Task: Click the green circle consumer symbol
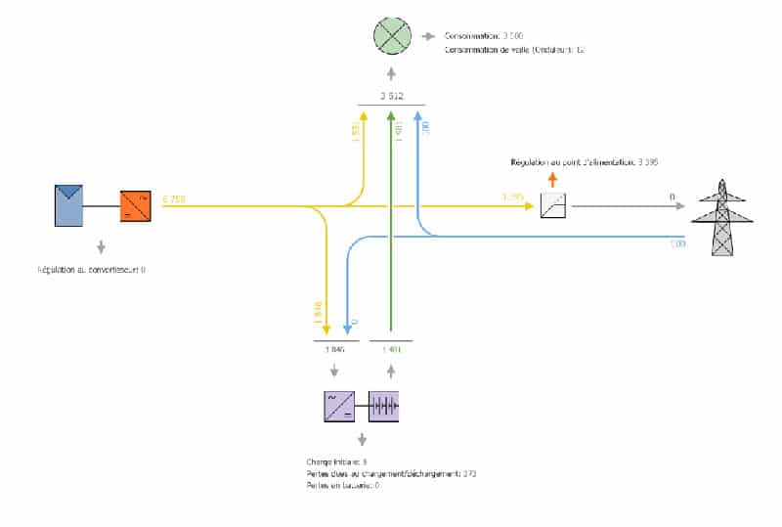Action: (x=391, y=38)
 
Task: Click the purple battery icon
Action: (x=384, y=405)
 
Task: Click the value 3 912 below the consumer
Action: (x=391, y=96)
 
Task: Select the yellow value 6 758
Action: (x=174, y=199)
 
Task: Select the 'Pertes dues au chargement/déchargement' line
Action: (x=391, y=473)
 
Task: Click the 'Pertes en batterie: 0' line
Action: (x=342, y=485)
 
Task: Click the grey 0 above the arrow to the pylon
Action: (x=673, y=198)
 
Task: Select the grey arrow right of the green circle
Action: (x=428, y=37)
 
